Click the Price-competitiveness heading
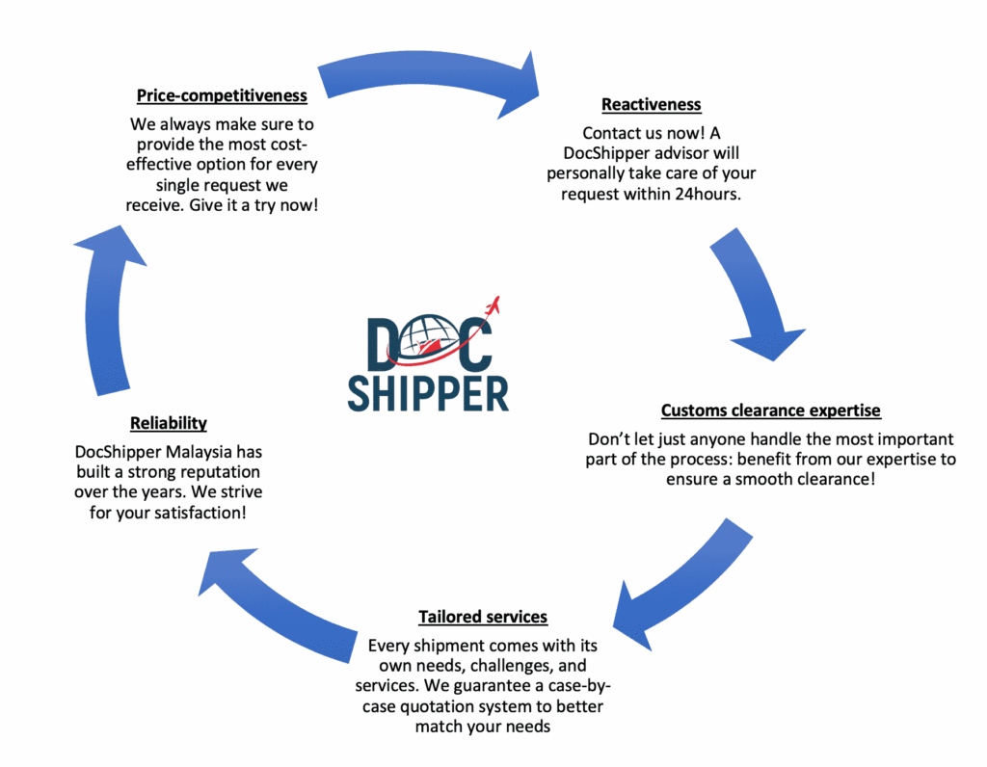pyautogui.click(x=222, y=96)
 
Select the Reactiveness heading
pyautogui.click(x=652, y=104)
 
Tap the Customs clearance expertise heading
pyautogui.click(x=770, y=410)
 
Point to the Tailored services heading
pyautogui.click(x=483, y=617)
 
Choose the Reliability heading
pyautogui.click(x=169, y=423)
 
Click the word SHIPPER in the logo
pyautogui.click(x=428, y=392)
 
